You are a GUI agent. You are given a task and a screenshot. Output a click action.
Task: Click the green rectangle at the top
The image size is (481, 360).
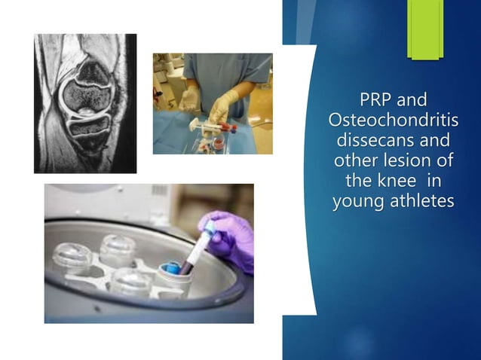coord(425,29)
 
